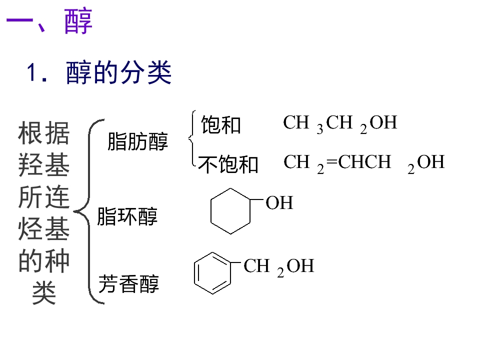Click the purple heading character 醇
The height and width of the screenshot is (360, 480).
79,22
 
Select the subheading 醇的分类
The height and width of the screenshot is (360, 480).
119,73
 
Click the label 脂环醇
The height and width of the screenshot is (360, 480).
127,217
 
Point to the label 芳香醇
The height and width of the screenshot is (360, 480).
128,284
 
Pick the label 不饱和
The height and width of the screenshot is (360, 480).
228,164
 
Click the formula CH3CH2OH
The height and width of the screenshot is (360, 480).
340,123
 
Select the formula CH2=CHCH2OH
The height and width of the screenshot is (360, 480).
364,163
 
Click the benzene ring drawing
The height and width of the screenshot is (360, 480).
212,272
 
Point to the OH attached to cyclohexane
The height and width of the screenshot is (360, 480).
279,203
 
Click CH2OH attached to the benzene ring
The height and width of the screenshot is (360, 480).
278,266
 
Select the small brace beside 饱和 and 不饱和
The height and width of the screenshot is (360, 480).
191,139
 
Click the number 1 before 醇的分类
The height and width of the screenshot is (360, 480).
33,73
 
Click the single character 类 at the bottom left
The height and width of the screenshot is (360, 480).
43,293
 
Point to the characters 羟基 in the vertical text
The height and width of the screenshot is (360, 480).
43,165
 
